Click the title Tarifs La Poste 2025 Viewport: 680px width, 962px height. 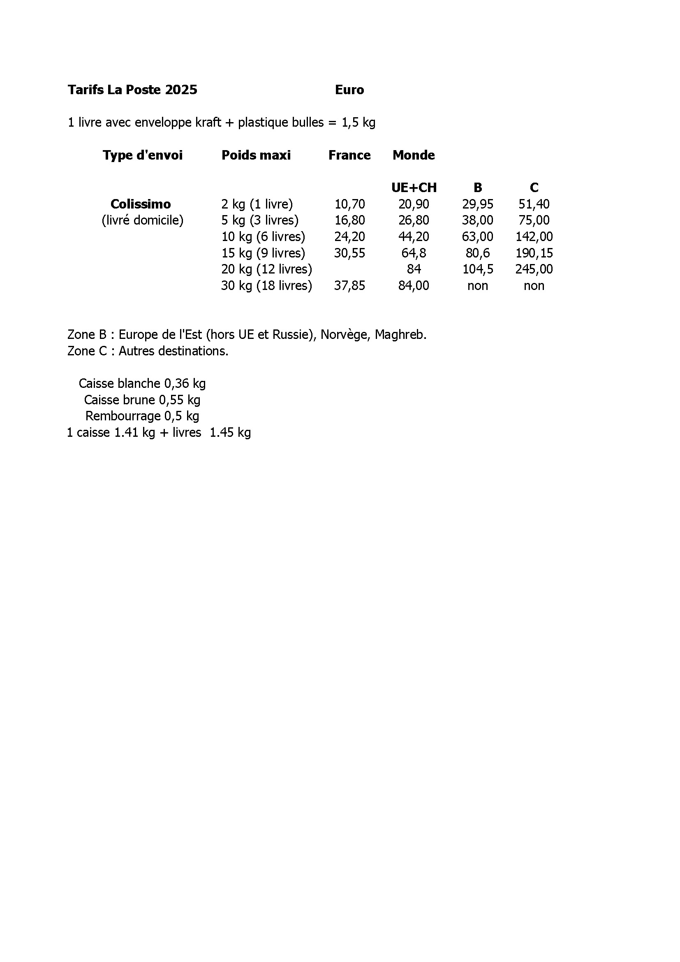[132, 90]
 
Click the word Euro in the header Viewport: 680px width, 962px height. [349, 90]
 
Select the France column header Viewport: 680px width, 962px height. [349, 155]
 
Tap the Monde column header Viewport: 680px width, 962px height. [413, 155]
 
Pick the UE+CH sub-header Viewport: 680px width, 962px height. [414, 188]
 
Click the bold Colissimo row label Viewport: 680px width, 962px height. [141, 204]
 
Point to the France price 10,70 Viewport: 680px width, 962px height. [349, 204]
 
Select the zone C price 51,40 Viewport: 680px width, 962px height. [534, 204]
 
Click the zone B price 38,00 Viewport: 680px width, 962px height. [477, 220]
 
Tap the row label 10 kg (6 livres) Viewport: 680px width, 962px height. [263, 237]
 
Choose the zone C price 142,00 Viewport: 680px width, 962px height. [534, 237]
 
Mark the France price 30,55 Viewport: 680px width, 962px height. [349, 253]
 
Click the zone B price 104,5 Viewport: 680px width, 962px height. [477, 269]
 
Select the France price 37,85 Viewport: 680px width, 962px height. [349, 286]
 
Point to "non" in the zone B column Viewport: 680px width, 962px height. [477, 286]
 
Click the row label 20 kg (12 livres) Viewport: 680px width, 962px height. [266, 269]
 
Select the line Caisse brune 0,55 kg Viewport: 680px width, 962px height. [142, 400]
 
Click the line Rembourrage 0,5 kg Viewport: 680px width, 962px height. [142, 416]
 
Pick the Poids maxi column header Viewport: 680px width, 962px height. [256, 155]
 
